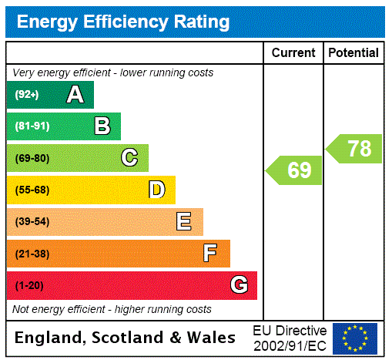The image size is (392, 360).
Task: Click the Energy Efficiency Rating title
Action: pyautogui.click(x=123, y=22)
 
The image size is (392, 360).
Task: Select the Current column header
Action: pyautogui.click(x=293, y=53)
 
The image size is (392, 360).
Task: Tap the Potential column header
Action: pyautogui.click(x=353, y=53)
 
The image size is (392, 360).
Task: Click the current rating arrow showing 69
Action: pyautogui.click(x=295, y=170)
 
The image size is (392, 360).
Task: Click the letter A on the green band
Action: pyautogui.click(x=75, y=95)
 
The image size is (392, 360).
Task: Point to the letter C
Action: pyautogui.click(x=129, y=158)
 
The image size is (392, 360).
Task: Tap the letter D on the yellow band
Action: pyautogui.click(x=156, y=190)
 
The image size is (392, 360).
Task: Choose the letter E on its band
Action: pyautogui.click(x=184, y=222)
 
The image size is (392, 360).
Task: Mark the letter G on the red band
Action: pyautogui.click(x=239, y=285)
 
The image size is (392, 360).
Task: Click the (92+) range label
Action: pyautogui.click(x=27, y=95)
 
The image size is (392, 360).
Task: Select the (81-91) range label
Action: pyautogui.click(x=32, y=126)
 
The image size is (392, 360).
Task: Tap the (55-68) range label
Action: pyautogui.click(x=32, y=190)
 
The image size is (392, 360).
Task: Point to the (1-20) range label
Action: pyautogui.click(x=29, y=285)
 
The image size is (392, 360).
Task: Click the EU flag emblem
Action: pyautogui.click(x=355, y=338)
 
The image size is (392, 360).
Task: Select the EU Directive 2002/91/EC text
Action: pyautogui.click(x=290, y=338)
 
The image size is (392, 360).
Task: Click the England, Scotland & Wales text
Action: pyautogui.click(x=126, y=338)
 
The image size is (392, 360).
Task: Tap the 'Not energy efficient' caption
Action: pyautogui.click(x=112, y=309)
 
